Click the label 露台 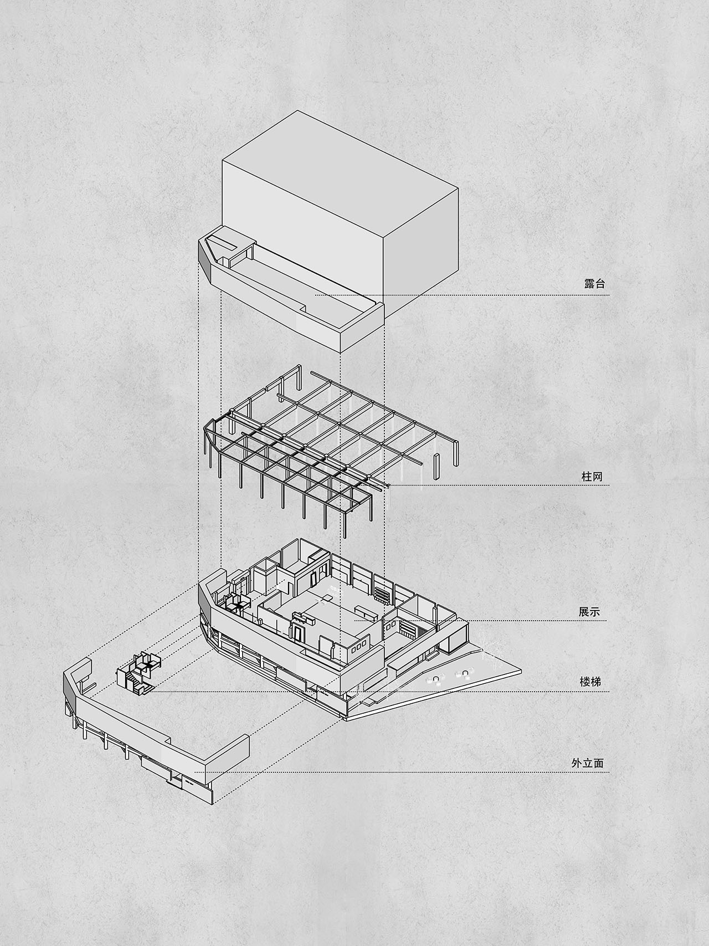click(594, 284)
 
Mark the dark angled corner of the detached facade click(70, 691)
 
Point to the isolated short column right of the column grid click(436, 466)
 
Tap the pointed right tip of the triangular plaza click(521, 671)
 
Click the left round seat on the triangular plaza click(437, 679)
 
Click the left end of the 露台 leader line click(316, 295)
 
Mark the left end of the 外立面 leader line click(195, 772)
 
